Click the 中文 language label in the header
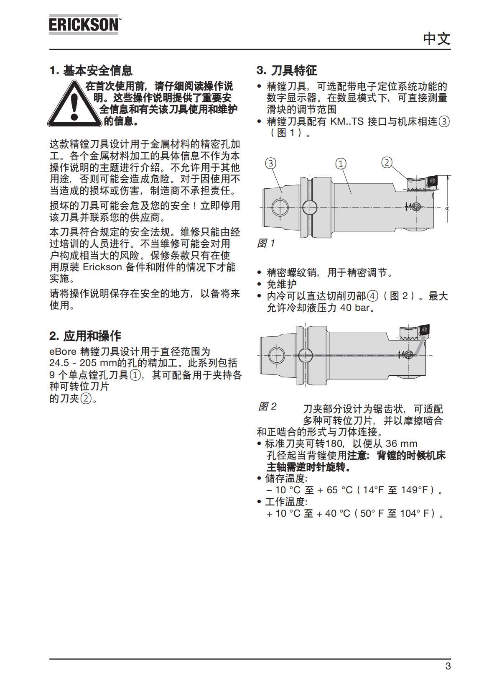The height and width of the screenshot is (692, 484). pos(436,39)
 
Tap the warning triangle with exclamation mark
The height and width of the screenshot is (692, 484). pos(74,104)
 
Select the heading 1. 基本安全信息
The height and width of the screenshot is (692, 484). pos(91,70)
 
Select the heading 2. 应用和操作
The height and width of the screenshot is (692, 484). pos(85,336)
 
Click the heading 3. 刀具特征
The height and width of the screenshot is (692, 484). pos(287,70)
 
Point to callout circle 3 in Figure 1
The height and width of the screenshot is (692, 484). pos(271,163)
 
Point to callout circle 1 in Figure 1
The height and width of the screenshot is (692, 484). pos(341,164)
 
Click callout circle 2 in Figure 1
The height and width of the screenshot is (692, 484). pos(387,162)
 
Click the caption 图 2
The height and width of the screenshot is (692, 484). pos(267,406)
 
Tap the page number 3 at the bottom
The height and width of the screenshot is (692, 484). pos(448,666)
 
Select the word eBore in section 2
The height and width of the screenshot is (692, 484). pos(63,351)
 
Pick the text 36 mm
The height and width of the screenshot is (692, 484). pos(401,443)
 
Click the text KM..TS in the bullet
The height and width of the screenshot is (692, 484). pos(347,122)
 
